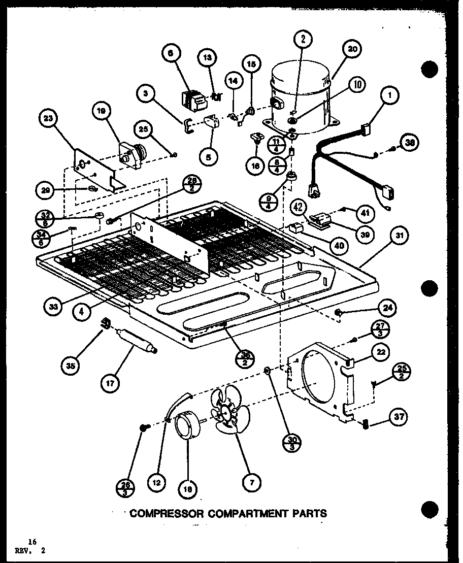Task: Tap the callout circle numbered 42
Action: coord(300,207)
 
